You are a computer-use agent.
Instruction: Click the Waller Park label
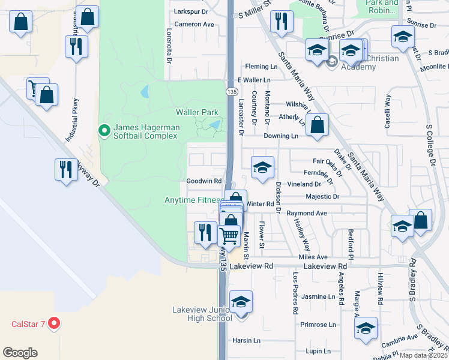[x=197, y=112]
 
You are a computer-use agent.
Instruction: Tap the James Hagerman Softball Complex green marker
[x=103, y=130]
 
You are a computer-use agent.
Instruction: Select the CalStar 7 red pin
[x=54, y=324]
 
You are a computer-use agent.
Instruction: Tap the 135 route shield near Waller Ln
[x=232, y=91]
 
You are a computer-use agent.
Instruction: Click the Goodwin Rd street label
[x=204, y=181]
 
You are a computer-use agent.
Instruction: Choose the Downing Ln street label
[x=281, y=136]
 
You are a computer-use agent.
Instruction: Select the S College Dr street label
[x=430, y=145]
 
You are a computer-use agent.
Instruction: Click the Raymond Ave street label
[x=306, y=213]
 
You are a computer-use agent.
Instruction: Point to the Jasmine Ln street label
[x=318, y=296]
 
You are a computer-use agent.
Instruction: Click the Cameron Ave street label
[x=194, y=25]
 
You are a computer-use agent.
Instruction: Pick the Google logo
[x=20, y=352]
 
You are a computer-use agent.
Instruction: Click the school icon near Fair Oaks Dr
[x=262, y=169]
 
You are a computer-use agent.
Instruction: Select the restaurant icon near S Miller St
[x=280, y=22]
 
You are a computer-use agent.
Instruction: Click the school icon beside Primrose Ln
[x=366, y=329]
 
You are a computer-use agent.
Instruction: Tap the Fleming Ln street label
[x=259, y=67]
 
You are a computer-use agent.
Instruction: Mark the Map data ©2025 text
[x=423, y=355]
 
